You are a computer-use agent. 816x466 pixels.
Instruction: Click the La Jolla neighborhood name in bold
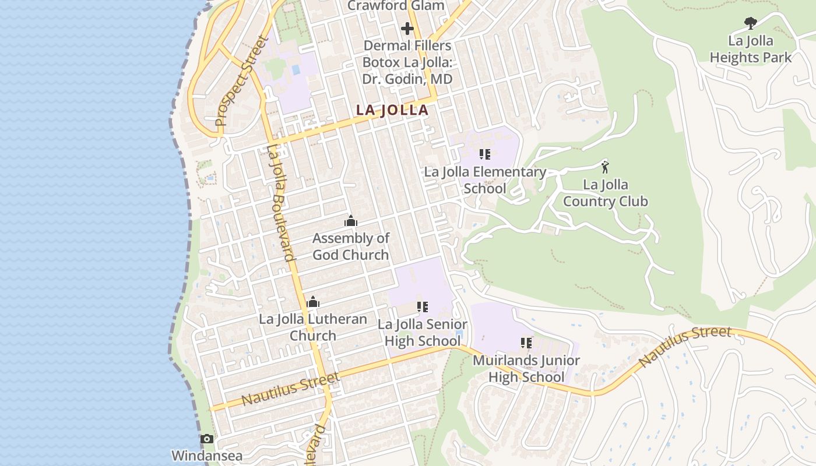(x=392, y=110)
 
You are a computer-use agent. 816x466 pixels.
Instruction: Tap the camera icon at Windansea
(x=206, y=439)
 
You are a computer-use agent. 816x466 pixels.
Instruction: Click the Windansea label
(x=206, y=456)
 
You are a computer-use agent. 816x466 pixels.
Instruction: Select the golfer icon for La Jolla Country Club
(x=605, y=168)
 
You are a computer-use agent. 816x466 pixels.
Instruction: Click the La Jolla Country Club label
(x=605, y=193)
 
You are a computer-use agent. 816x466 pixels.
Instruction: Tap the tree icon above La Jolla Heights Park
(x=751, y=23)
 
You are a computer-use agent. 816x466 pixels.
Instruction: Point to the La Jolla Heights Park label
(x=751, y=49)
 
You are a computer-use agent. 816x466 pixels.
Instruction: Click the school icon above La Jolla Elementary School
(x=484, y=154)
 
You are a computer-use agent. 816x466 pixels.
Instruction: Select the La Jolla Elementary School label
(x=484, y=180)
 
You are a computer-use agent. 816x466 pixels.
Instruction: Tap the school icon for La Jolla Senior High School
(x=423, y=307)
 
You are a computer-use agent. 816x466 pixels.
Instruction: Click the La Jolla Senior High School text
(x=423, y=333)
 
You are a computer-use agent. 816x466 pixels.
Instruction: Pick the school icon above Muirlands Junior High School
(x=526, y=343)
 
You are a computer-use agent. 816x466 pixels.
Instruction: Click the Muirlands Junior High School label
(x=526, y=369)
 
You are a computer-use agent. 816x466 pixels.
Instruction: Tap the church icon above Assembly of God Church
(x=351, y=221)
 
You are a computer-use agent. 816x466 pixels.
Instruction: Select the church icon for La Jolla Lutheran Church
(x=313, y=302)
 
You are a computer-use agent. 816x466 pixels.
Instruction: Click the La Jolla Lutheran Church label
(x=313, y=327)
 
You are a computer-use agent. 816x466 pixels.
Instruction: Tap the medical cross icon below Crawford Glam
(x=407, y=28)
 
